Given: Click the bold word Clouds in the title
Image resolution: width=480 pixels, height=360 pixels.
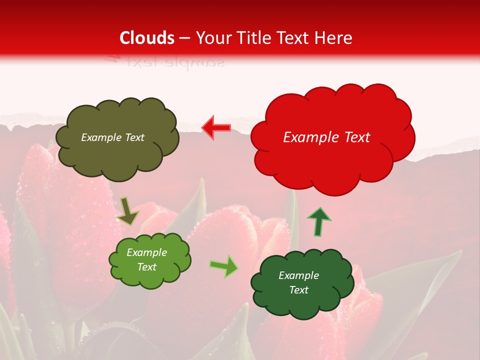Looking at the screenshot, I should [x=147, y=38].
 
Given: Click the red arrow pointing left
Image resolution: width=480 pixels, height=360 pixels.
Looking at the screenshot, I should [x=216, y=128].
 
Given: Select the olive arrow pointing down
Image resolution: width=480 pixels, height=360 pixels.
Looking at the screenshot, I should [x=127, y=211].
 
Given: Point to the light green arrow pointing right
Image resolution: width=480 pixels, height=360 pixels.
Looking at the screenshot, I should [x=223, y=266].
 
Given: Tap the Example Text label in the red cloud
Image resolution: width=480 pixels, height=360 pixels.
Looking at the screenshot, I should [x=326, y=137].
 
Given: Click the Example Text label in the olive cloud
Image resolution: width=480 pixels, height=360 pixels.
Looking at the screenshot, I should [x=112, y=137].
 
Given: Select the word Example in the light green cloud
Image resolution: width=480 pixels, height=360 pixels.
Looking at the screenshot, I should [x=147, y=253].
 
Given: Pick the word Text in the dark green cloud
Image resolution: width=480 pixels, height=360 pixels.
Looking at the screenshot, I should [x=299, y=290].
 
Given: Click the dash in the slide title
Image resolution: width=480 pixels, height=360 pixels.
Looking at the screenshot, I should [x=184, y=38].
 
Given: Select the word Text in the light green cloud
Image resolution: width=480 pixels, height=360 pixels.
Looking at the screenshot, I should [x=147, y=267].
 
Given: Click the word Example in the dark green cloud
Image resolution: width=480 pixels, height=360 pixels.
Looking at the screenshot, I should [x=299, y=275].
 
